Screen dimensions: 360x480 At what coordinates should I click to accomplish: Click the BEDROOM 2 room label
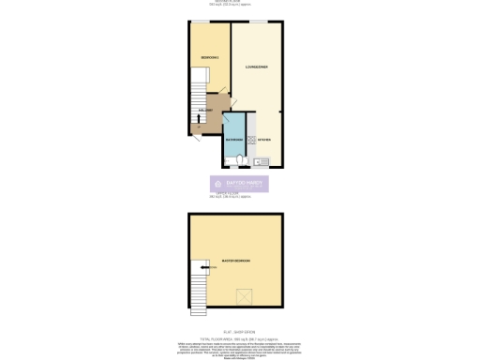coord(209,58)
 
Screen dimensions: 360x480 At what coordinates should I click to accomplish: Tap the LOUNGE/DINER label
coord(257,67)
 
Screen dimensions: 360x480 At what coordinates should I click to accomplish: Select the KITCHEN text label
coord(264,140)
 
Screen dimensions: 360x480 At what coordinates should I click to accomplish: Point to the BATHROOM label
coord(234,140)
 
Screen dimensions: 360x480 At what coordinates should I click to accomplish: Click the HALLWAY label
coord(206,111)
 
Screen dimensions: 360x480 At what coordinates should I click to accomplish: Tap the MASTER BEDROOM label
coord(235,260)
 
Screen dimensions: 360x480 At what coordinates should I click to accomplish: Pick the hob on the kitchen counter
coord(250,140)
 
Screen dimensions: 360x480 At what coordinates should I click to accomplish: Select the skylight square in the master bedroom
coord(247,297)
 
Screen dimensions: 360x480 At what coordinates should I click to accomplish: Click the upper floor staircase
coord(196,281)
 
